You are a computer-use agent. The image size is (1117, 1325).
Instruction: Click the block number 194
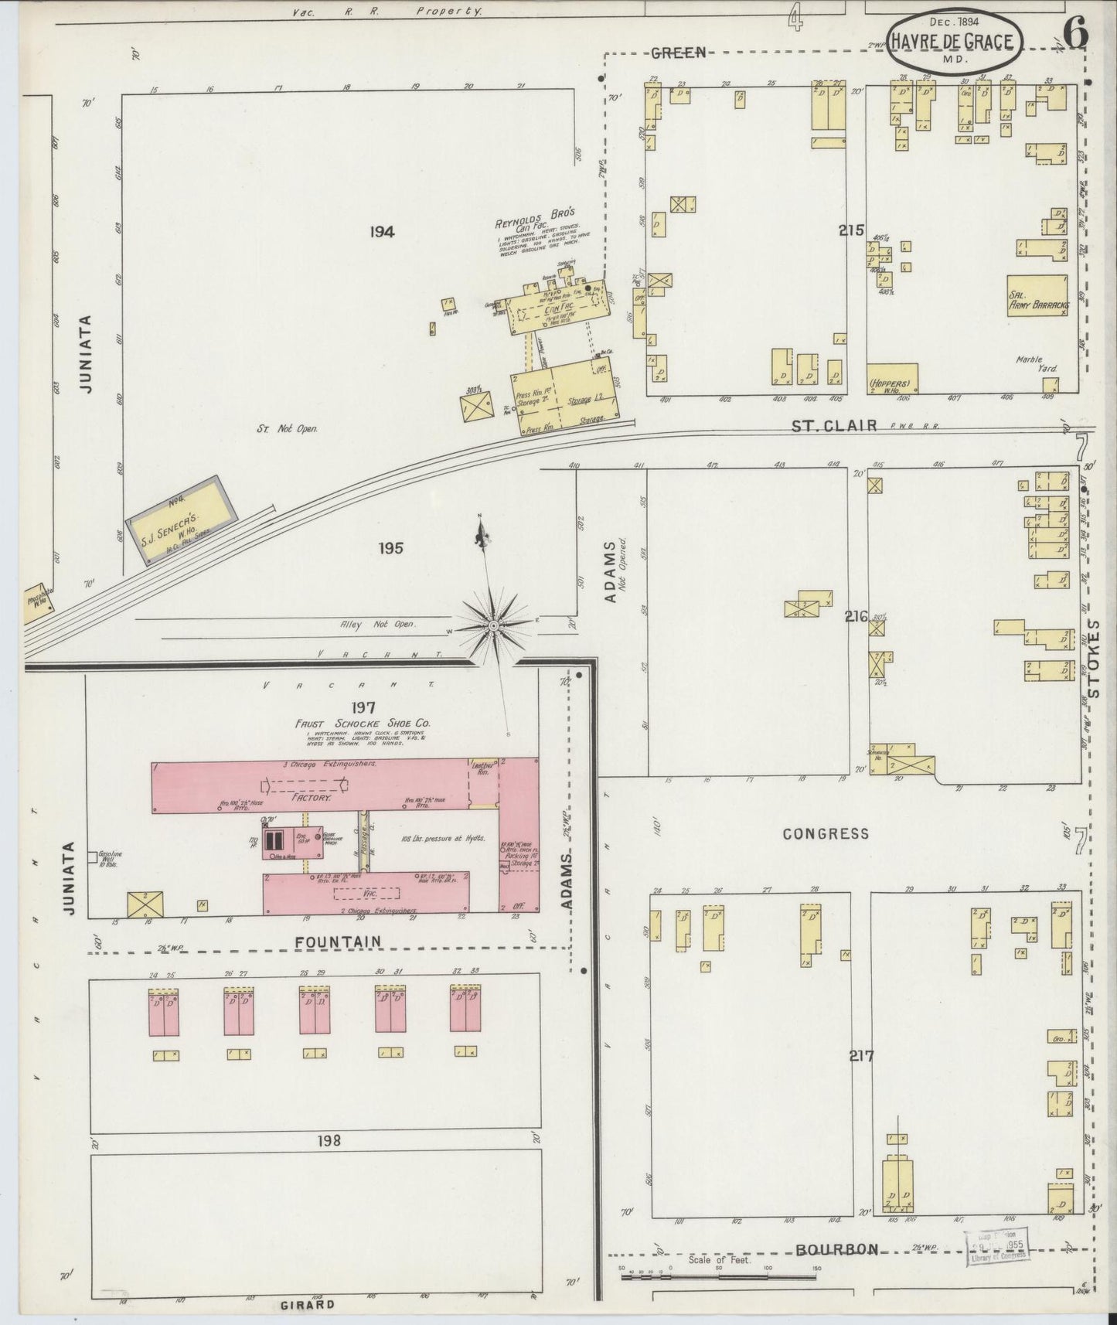tap(382, 231)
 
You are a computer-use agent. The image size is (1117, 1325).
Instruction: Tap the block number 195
tap(391, 548)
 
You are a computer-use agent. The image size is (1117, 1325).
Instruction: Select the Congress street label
tap(826, 833)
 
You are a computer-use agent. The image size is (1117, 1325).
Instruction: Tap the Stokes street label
tap(1095, 656)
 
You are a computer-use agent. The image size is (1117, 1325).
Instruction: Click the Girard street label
tap(309, 1304)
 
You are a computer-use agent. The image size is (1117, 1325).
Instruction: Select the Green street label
tap(679, 53)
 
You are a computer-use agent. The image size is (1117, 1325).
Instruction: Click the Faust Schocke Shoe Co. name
tap(363, 724)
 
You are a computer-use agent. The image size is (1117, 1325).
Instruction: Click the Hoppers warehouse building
tap(891, 379)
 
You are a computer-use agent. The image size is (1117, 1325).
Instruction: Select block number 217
tap(860, 1056)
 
